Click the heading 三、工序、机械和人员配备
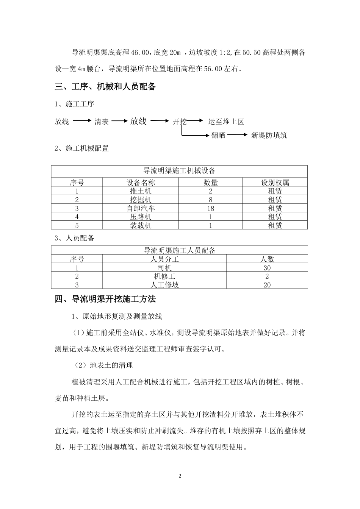click(x=105, y=87)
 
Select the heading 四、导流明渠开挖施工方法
click(x=105, y=299)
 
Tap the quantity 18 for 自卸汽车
click(x=211, y=208)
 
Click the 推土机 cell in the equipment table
click(x=141, y=191)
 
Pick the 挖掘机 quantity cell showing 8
click(x=211, y=200)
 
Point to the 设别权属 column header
click(x=275, y=183)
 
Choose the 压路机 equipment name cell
click(x=141, y=217)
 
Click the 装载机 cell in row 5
click(x=141, y=225)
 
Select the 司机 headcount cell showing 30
click(x=267, y=268)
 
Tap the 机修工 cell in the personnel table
click(x=164, y=276)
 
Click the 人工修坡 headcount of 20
click(x=267, y=285)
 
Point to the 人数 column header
click(x=267, y=259)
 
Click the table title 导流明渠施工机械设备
click(x=179, y=171)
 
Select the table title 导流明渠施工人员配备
click(x=179, y=250)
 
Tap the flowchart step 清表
click(x=102, y=122)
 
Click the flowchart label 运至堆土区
click(x=226, y=122)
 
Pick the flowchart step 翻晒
click(x=218, y=135)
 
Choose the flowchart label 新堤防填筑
click(x=269, y=135)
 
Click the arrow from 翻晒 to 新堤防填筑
click(x=238, y=135)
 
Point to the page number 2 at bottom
click(x=180, y=476)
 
